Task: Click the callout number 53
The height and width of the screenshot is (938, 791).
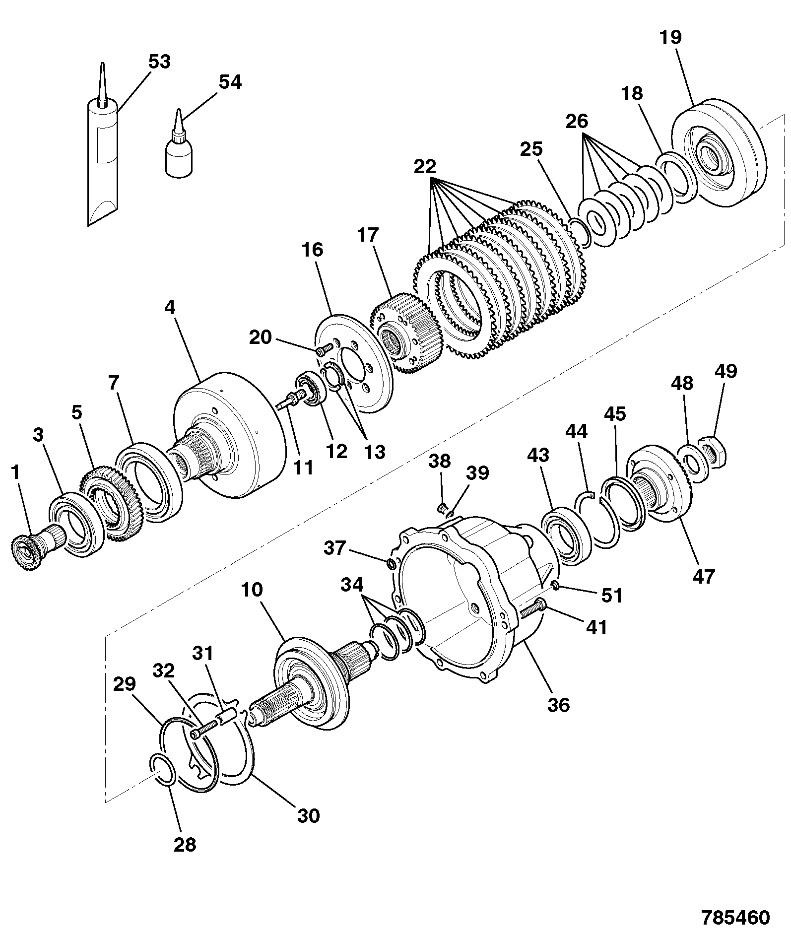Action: [159, 63]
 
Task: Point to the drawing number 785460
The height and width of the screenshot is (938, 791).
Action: [735, 918]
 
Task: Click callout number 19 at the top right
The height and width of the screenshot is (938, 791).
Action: [671, 38]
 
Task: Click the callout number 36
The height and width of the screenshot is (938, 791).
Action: [558, 705]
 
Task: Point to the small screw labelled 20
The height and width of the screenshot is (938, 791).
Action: [324, 350]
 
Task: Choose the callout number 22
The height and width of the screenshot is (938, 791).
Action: [425, 166]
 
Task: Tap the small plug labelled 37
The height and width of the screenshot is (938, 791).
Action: [391, 563]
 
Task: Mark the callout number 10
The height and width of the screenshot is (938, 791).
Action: [253, 591]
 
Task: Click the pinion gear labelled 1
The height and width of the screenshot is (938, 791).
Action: [31, 549]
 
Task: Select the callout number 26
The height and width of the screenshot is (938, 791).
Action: [577, 122]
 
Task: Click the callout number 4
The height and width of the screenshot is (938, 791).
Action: [170, 308]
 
